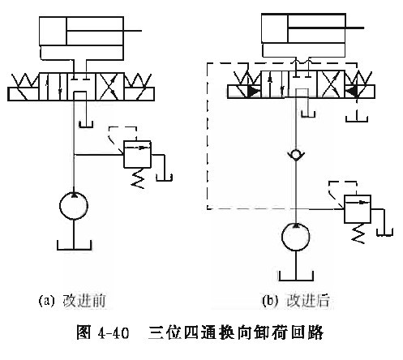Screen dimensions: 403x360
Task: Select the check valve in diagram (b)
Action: (296, 155)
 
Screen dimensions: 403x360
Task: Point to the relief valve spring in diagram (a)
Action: (138, 178)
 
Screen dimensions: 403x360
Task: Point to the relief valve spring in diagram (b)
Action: (358, 234)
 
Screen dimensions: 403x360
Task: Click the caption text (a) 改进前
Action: (72, 301)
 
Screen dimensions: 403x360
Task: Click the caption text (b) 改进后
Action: (296, 301)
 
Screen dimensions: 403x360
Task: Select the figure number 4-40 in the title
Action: (114, 332)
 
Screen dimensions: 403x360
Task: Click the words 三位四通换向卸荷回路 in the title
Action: (236, 332)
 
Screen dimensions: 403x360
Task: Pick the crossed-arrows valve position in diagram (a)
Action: (110, 87)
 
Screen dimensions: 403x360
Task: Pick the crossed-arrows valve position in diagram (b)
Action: (331, 84)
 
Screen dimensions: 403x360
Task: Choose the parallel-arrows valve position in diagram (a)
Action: (54, 87)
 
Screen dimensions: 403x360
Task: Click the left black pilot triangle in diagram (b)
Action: (254, 92)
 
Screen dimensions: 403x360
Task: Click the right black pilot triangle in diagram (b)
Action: (351, 92)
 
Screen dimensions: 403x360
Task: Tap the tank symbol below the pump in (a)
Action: (75, 245)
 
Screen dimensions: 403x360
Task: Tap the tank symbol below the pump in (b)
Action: (296, 276)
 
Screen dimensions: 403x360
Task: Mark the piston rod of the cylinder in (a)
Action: (104, 31)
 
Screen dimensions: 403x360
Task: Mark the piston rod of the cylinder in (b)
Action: (326, 28)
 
